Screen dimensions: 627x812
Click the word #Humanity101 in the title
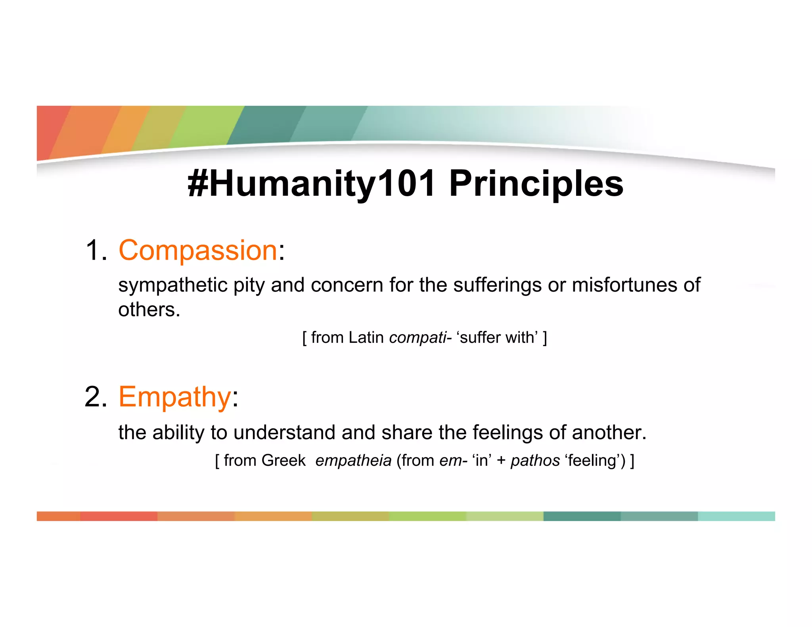(x=311, y=184)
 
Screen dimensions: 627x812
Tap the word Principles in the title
(x=536, y=184)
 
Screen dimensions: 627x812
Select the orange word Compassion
(x=198, y=250)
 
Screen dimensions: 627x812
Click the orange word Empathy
(x=175, y=397)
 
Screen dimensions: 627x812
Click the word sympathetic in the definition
(x=172, y=285)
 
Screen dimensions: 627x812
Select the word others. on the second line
(x=149, y=310)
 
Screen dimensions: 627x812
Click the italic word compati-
(x=420, y=338)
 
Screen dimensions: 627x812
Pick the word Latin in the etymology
(x=366, y=338)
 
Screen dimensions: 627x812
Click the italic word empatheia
(x=353, y=461)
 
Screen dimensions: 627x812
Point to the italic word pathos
(x=535, y=461)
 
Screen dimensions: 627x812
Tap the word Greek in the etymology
(x=283, y=461)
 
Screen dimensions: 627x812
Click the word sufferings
(x=497, y=285)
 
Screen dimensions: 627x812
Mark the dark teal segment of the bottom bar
(x=582, y=516)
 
